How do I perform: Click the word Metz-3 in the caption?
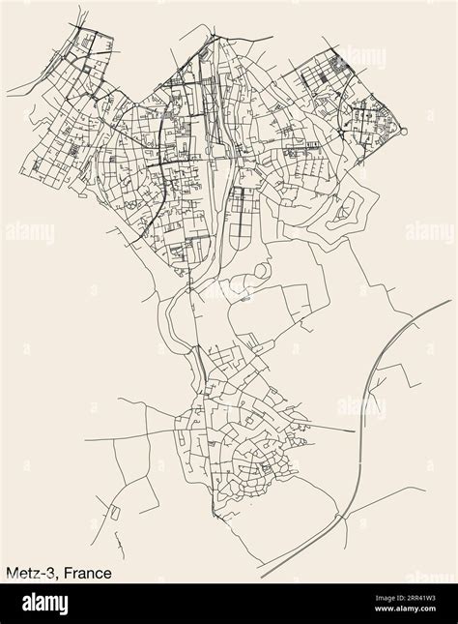click(x=28, y=574)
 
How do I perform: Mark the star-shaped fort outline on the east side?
click(x=347, y=209)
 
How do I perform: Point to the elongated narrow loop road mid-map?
click(x=236, y=223)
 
